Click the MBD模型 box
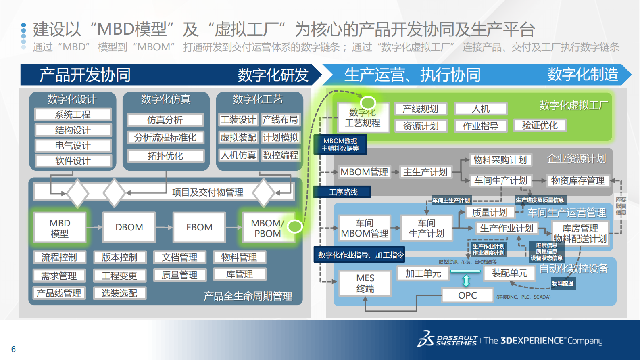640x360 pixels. [x=60, y=228]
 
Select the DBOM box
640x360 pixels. [x=129, y=228]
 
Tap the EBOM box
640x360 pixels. [x=199, y=228]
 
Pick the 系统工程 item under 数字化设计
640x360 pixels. [x=73, y=115]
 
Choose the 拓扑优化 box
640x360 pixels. [x=165, y=156]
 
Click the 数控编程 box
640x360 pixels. [x=281, y=155]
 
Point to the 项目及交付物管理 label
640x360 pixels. [x=207, y=193]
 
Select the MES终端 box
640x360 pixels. [x=365, y=283]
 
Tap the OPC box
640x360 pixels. [x=467, y=295]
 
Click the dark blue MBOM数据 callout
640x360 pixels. [x=340, y=144]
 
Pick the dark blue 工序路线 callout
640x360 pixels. [x=343, y=192]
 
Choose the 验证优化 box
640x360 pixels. [x=540, y=126]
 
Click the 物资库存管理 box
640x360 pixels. [x=577, y=181]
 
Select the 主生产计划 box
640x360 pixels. [x=425, y=172]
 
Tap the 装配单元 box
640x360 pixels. [x=509, y=273]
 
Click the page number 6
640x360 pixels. [x=13, y=349]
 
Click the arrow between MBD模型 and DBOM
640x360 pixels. [x=94, y=228]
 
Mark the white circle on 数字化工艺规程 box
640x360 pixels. [x=368, y=103]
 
